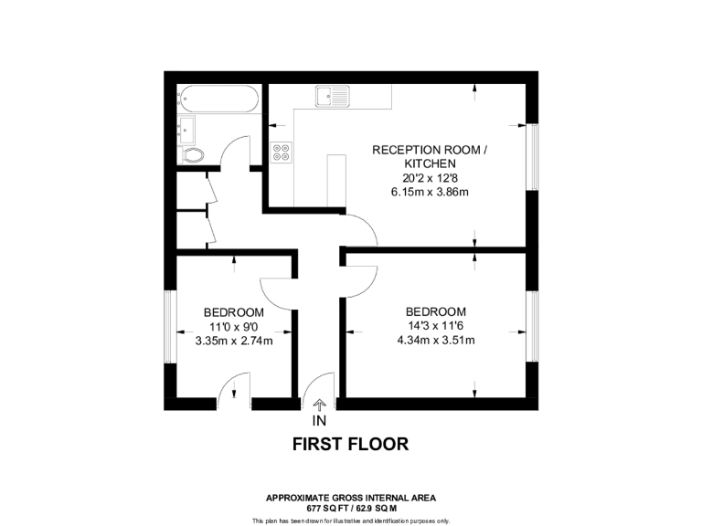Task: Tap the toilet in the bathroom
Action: [193, 154]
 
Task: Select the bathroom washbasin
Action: [186, 127]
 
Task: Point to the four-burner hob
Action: [282, 152]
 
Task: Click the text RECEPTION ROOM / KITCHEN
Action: [421, 156]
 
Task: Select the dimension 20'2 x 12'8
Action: [421, 178]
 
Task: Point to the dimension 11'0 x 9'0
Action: [234, 326]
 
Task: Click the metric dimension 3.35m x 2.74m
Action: [234, 341]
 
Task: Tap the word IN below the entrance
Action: [319, 421]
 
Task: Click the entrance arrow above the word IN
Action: [319, 405]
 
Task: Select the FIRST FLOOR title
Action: [350, 445]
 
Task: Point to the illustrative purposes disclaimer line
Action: [350, 520]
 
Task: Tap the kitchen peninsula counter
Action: [336, 181]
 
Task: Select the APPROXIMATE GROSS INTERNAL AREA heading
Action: [350, 498]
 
